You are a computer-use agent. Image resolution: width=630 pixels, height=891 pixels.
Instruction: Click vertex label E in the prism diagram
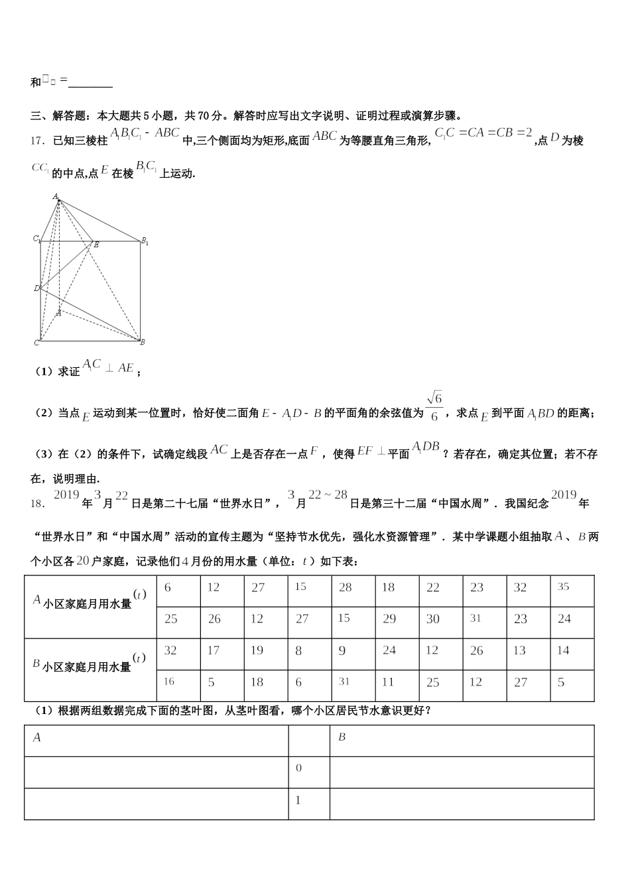tap(96, 245)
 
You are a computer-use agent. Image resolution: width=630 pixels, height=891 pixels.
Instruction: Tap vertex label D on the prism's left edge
tap(36, 288)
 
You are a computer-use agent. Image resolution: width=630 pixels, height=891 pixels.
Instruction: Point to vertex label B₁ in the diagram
tap(145, 242)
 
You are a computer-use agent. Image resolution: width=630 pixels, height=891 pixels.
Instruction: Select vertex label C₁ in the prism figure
tap(37, 239)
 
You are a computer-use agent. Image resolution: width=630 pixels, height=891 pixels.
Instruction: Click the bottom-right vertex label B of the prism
tap(143, 342)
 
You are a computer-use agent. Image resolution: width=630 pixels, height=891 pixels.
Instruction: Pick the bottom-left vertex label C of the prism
tap(36, 343)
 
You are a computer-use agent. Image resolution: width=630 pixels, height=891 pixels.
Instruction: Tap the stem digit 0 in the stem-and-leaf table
tap(298, 769)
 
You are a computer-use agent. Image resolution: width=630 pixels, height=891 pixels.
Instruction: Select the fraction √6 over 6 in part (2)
tap(434, 406)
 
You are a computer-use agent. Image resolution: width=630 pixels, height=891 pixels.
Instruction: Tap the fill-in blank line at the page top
tap(90, 85)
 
